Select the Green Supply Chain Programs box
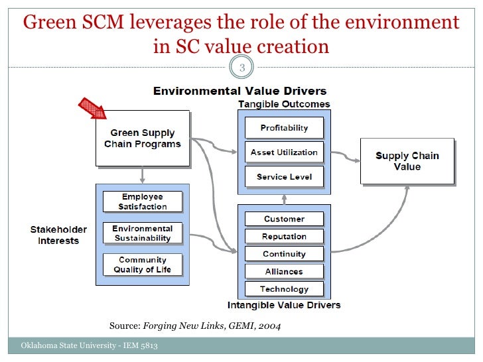click(x=142, y=139)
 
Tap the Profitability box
click(x=284, y=128)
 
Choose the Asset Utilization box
click(x=284, y=152)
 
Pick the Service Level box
click(x=284, y=177)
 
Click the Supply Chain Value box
click(x=407, y=161)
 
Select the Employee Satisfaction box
click(x=143, y=202)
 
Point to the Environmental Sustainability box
click(x=143, y=233)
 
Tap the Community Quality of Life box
click(x=143, y=265)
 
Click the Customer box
click(x=284, y=219)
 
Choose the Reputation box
click(x=284, y=236)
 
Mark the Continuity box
click(x=284, y=254)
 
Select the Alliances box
click(x=284, y=271)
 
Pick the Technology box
click(x=284, y=289)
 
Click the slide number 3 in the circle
click(x=241, y=67)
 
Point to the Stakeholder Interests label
click(x=58, y=235)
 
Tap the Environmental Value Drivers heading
click(x=240, y=91)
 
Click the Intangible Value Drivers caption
click(x=283, y=305)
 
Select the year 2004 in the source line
click(x=277, y=326)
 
